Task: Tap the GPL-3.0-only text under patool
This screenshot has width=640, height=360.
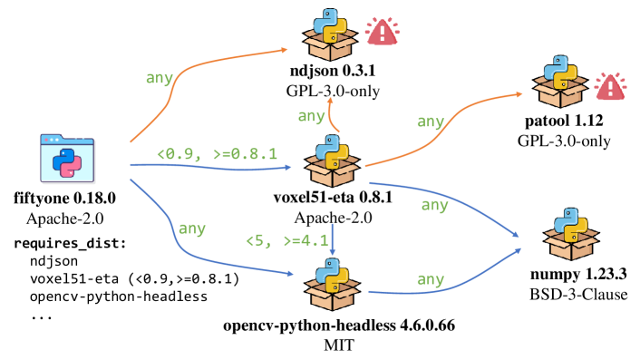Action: point(564,141)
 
